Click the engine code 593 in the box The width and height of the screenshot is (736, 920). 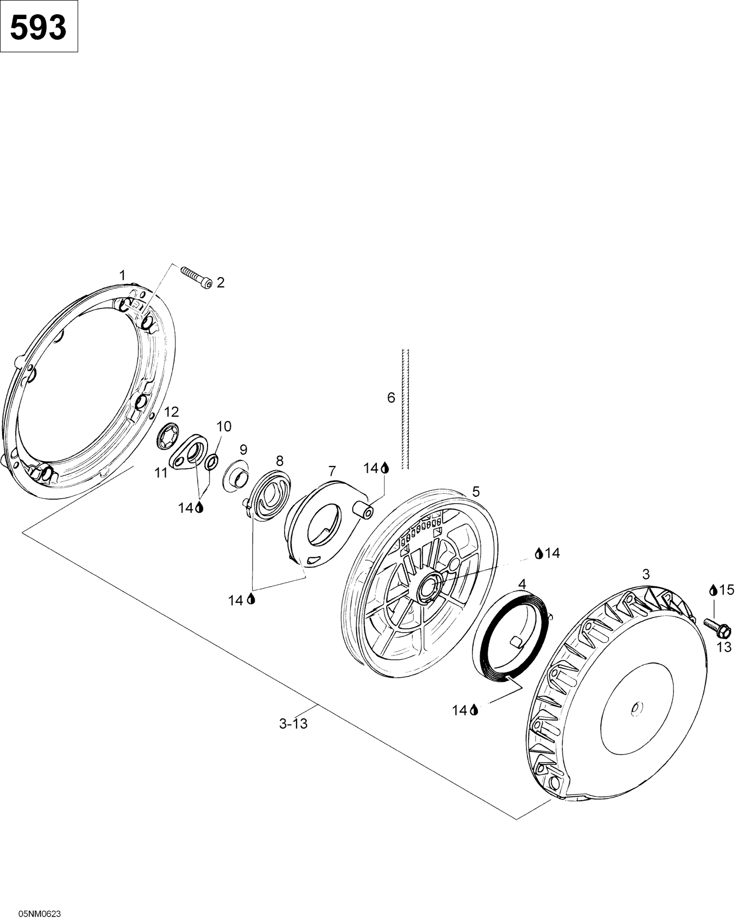point(38,27)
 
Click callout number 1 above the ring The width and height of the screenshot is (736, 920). point(123,275)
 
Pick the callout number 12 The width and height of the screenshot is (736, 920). point(171,411)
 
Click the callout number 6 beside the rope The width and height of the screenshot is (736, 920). point(391,397)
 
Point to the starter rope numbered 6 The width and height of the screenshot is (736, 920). point(405,409)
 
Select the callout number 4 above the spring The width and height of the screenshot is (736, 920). point(522,585)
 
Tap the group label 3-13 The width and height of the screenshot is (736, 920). point(293,723)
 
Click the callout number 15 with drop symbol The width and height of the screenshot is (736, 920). point(722,590)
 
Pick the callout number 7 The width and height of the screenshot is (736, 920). point(332,472)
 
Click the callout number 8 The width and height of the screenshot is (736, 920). point(279,460)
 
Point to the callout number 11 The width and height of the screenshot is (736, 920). point(161,473)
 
